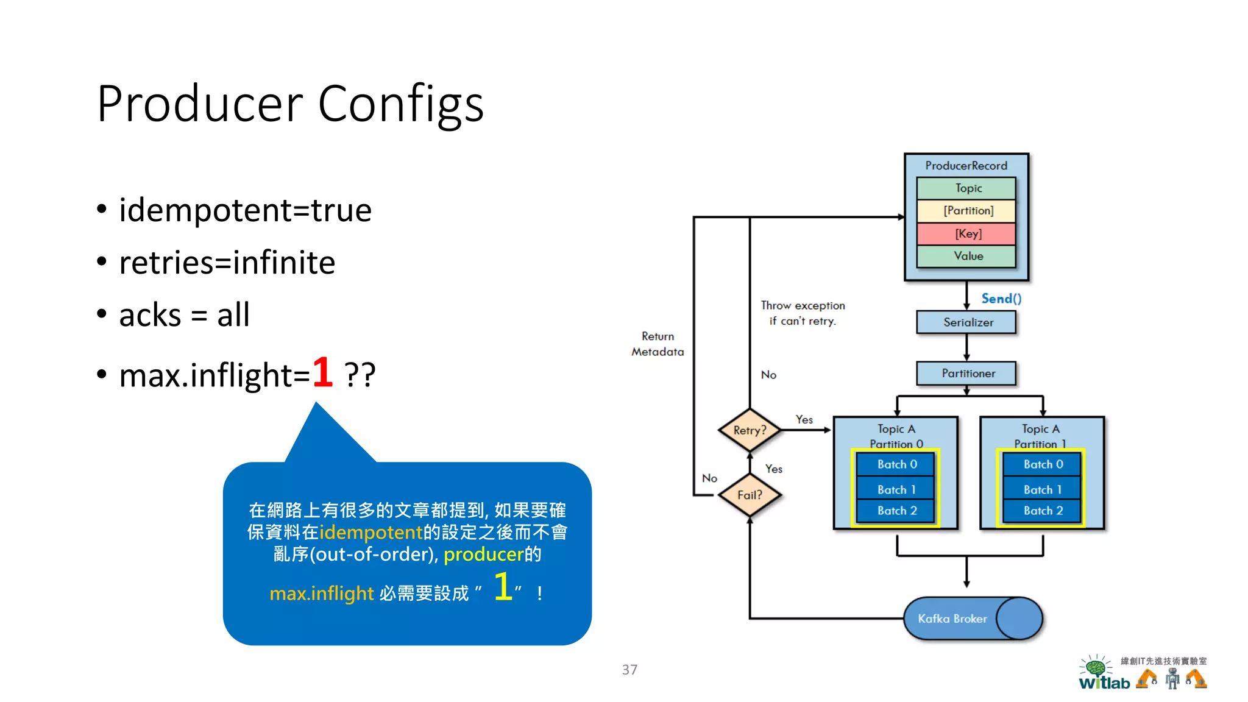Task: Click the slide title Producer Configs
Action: (x=290, y=104)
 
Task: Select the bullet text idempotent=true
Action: (x=245, y=210)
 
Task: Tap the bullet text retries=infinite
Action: (x=227, y=263)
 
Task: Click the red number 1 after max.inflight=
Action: (x=322, y=372)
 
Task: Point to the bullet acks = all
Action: (x=184, y=315)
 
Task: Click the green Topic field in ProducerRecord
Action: (x=968, y=188)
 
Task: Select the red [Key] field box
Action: (x=968, y=233)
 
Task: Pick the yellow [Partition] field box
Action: (x=968, y=211)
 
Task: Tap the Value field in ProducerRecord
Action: (x=968, y=256)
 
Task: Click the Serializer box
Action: (x=967, y=322)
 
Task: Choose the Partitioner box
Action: (x=967, y=373)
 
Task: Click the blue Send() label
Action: (x=1001, y=299)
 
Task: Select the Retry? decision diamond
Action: (x=750, y=430)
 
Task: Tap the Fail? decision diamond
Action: (x=750, y=495)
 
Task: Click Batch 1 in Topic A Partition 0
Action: (x=896, y=489)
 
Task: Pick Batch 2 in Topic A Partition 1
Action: (x=1043, y=511)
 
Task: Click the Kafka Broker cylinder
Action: (x=971, y=619)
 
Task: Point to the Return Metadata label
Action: (x=658, y=344)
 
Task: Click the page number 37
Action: (x=629, y=670)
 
